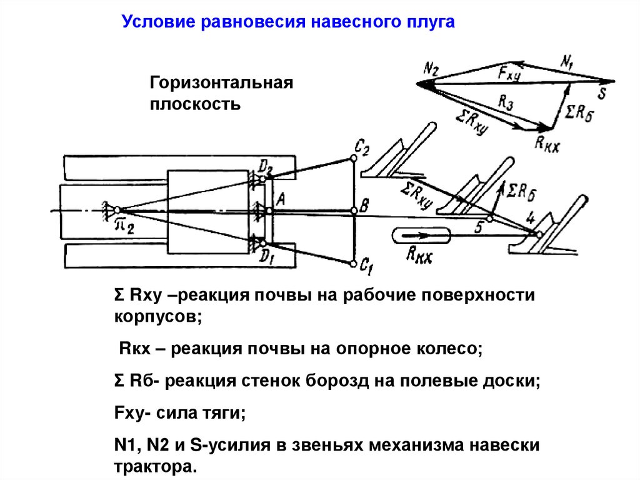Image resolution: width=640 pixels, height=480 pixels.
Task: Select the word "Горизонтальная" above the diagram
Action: tap(221, 83)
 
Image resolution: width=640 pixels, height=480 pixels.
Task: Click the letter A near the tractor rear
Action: tap(281, 200)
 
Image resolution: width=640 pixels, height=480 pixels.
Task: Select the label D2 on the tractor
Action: tap(266, 166)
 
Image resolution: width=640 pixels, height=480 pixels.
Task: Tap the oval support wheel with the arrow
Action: tap(421, 236)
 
